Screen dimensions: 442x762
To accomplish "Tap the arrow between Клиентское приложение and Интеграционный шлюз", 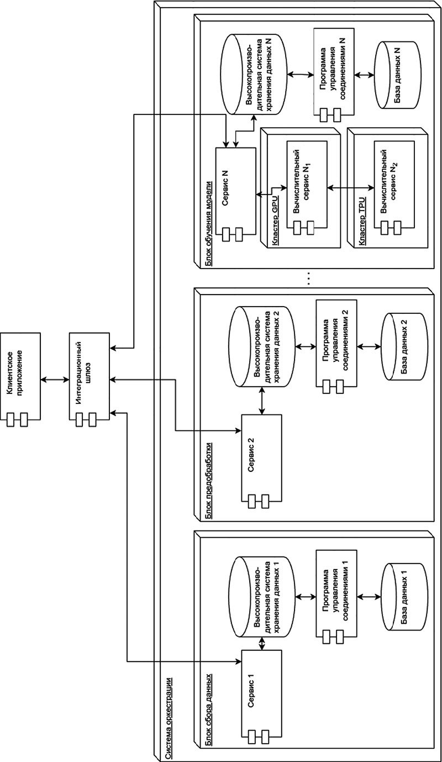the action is point(55,379).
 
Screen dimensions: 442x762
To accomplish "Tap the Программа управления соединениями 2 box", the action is point(336,346).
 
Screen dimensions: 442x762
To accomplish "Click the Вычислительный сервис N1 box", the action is point(306,188).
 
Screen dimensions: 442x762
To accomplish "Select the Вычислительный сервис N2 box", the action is point(394,188).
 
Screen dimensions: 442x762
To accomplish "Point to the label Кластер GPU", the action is point(275,220).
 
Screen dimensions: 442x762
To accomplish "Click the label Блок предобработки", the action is point(209,481).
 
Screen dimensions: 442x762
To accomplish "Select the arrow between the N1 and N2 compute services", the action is point(350,187).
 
